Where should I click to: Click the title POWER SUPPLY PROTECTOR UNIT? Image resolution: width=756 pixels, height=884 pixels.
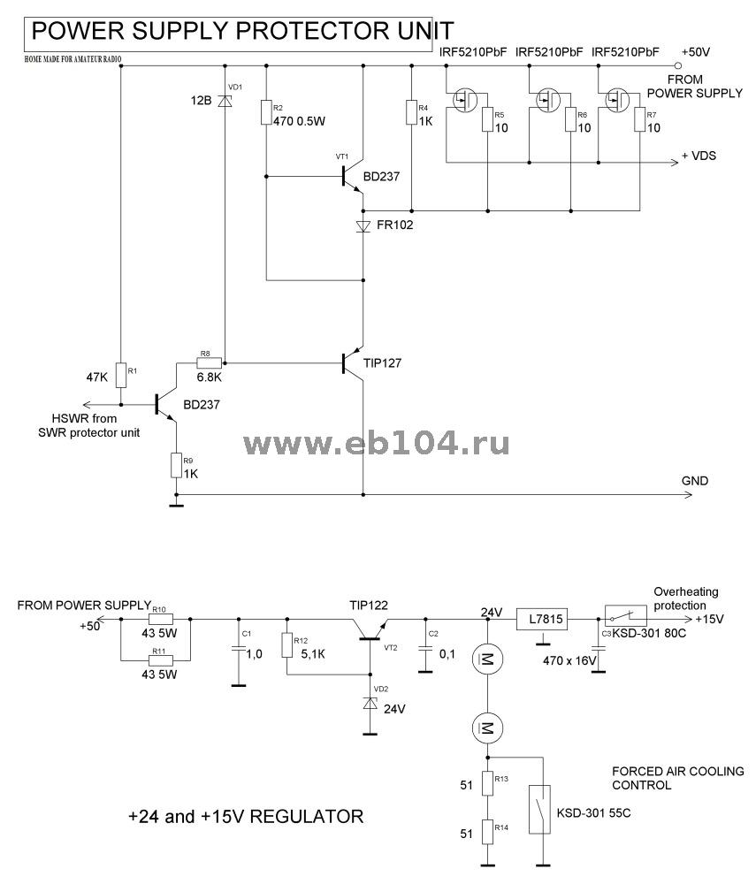coord(242,33)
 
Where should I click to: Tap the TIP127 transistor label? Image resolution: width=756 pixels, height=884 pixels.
coord(383,362)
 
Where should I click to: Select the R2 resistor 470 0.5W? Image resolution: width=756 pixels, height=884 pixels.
coord(266,114)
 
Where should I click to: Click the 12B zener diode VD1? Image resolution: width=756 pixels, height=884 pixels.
coord(225,100)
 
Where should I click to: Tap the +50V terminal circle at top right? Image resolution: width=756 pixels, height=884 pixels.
coord(678,65)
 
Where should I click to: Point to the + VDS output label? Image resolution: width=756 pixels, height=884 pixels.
coord(699,156)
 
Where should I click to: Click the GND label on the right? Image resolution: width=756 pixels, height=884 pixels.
coord(695,481)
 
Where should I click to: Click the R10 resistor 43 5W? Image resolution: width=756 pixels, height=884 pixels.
coord(160,620)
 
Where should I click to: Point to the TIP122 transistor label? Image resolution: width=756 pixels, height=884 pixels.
coord(368,605)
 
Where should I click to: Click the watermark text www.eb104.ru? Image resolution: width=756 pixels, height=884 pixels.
coord(376,443)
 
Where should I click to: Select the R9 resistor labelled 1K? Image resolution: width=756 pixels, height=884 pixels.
coord(176,464)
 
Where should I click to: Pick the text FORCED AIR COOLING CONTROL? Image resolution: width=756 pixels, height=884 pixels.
coord(677,778)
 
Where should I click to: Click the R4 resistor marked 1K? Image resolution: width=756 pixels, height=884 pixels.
coord(411,113)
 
